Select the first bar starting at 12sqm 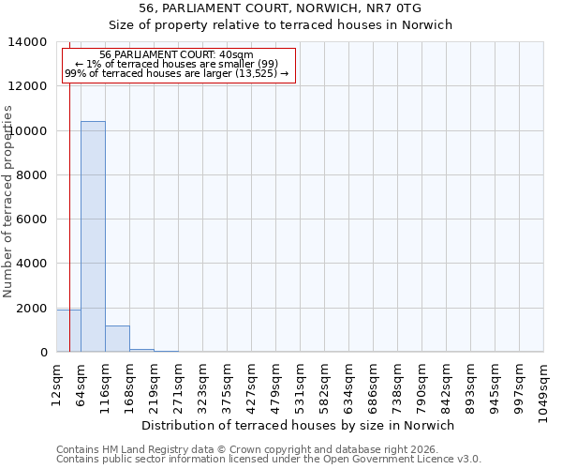68,330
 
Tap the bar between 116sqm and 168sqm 117,339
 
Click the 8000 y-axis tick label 34,175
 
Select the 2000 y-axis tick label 34,309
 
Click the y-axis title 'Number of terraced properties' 8,201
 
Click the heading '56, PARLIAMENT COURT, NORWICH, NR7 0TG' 280,8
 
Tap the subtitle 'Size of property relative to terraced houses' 280,25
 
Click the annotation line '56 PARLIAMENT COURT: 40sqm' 176,55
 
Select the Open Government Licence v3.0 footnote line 269,459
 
